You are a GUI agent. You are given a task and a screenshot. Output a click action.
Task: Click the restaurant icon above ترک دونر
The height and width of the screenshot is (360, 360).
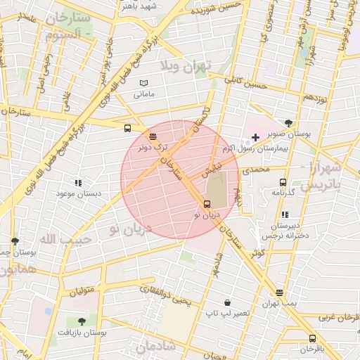coord(153,136)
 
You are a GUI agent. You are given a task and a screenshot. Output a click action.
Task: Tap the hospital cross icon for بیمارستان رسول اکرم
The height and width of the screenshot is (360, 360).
coord(255,136)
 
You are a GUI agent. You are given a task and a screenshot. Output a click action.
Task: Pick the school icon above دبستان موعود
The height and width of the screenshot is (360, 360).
coord(77,182)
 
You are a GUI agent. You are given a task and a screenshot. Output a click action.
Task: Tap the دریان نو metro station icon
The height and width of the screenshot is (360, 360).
coord(206,204)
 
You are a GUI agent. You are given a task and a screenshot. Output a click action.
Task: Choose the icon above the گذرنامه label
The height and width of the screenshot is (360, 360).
coord(282,182)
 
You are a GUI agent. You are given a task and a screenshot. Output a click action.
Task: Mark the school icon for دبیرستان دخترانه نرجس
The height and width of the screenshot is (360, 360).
coord(285,214)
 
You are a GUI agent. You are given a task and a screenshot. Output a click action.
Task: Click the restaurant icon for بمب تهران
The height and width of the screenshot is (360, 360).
coord(280,292)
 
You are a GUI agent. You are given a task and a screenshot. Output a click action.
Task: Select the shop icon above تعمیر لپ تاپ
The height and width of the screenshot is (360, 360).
coord(227,302)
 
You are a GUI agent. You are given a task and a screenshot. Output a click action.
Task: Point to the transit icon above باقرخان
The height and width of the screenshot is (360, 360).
coord(312,339)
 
